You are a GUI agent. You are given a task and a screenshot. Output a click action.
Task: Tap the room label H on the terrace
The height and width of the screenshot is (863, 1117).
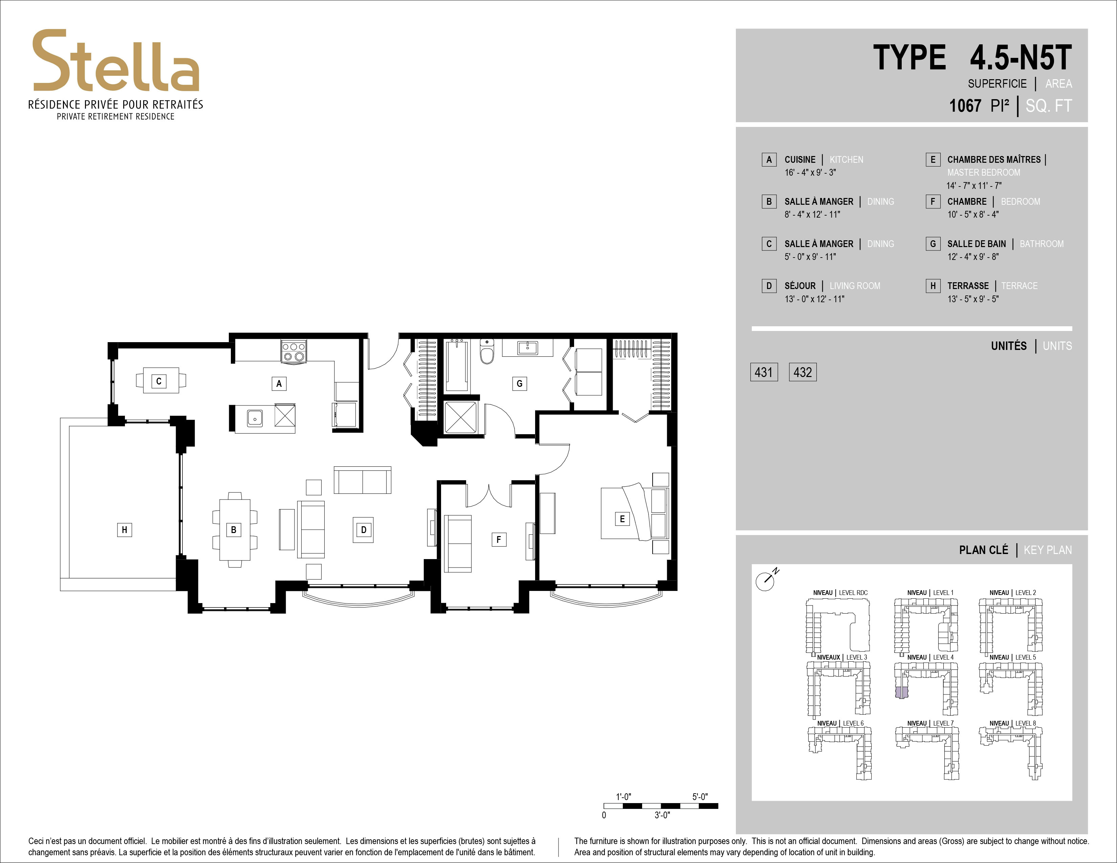pos(124,530)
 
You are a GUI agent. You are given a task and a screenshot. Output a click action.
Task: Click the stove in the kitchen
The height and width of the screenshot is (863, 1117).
pos(293,352)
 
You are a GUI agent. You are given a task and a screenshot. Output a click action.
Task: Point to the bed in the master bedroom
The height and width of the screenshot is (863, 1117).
pos(635,513)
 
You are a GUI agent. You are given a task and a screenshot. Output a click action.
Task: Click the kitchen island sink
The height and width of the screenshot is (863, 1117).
pos(255,418)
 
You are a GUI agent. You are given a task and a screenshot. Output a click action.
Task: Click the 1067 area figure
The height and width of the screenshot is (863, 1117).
pos(965,106)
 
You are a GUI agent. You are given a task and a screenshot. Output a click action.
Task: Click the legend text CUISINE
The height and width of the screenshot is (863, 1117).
pos(800,159)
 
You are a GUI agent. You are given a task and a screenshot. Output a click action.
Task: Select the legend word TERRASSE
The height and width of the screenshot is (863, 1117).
pos(968,286)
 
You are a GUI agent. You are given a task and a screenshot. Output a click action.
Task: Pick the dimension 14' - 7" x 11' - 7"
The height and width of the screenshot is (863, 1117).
pos(974,185)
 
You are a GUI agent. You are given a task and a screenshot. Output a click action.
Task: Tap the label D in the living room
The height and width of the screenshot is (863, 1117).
pos(364,530)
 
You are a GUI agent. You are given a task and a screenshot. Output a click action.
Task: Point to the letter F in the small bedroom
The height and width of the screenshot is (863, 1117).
pos(499,539)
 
